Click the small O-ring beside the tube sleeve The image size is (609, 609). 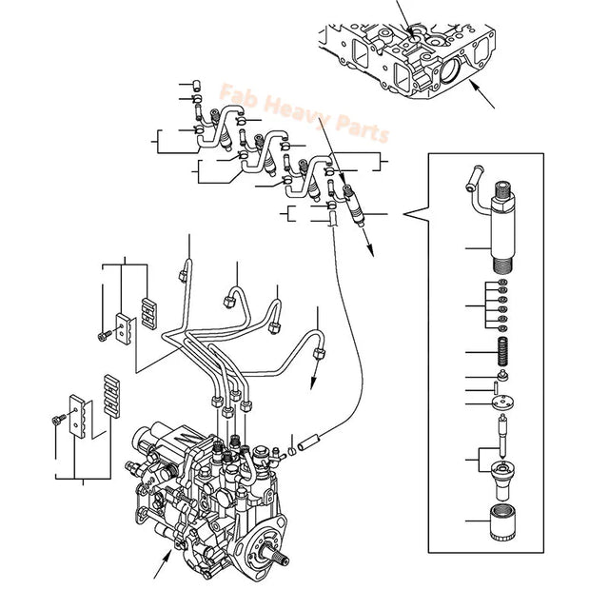click(291, 448)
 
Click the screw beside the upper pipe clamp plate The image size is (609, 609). click(102, 334)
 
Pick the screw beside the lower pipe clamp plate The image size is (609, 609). click(58, 419)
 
